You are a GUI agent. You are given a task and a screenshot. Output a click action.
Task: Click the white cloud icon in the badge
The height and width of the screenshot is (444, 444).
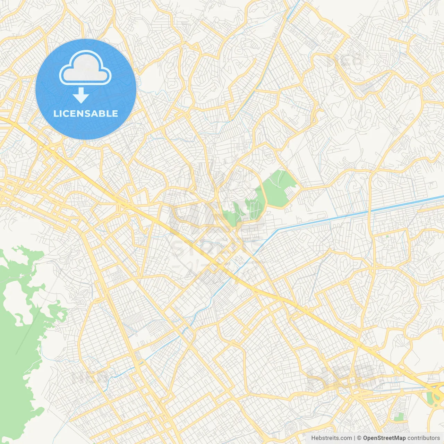click(x=85, y=68)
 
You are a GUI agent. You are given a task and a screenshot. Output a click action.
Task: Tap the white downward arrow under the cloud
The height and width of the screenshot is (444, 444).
click(x=81, y=95)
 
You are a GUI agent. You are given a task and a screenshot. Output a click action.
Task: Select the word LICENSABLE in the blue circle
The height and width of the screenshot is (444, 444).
click(x=86, y=113)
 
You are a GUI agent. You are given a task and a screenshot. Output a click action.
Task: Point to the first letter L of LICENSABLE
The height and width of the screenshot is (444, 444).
click(x=55, y=113)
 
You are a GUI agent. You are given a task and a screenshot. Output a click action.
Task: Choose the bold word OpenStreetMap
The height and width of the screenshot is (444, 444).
click(x=384, y=438)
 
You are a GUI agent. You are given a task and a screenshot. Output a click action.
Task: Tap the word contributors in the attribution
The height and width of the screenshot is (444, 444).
click(x=424, y=438)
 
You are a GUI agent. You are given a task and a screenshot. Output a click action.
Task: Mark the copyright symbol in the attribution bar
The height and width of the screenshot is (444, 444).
click(x=359, y=438)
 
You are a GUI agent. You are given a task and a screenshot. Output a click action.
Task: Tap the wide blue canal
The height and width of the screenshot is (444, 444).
click(x=347, y=215)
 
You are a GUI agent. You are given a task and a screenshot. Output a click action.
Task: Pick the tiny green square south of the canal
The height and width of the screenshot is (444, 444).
click(x=387, y=237)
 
